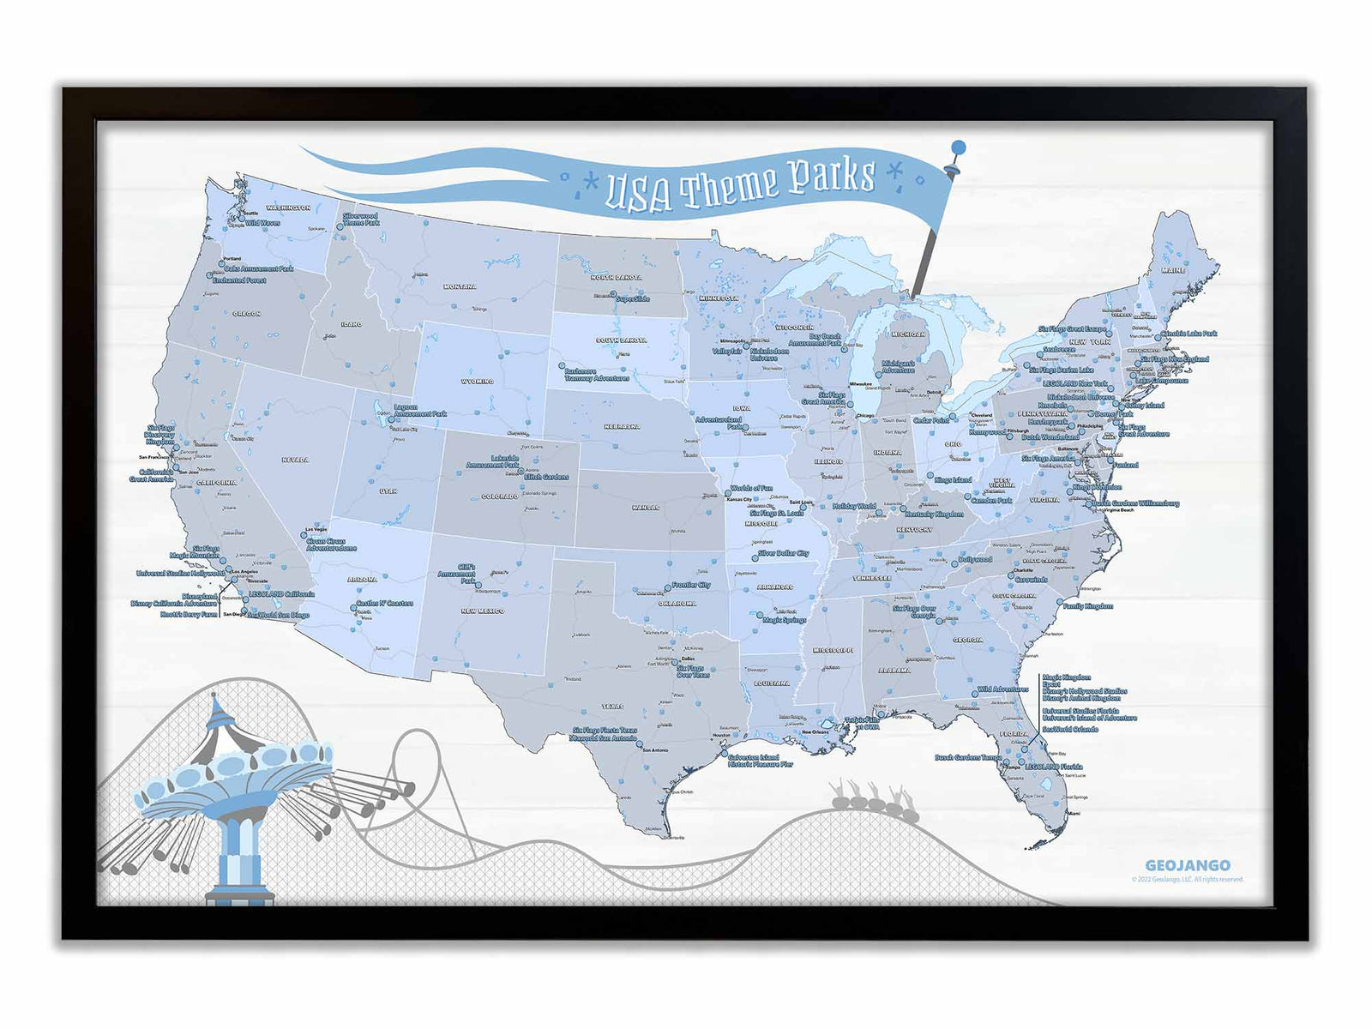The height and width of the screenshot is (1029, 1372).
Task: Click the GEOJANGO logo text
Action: (x=1187, y=865)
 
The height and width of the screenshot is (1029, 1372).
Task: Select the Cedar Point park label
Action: (x=930, y=421)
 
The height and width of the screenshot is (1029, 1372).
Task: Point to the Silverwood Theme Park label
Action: (x=360, y=220)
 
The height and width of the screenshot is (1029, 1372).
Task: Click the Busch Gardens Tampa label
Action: (x=967, y=758)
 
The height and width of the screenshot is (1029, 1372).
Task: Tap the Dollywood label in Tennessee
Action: (x=974, y=559)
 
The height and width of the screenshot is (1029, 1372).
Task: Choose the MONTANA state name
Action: (x=460, y=286)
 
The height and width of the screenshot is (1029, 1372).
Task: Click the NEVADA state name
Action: (x=294, y=460)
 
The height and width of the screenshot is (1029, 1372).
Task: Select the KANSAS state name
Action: (x=646, y=507)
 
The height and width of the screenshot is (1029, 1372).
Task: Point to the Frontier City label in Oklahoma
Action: (x=690, y=585)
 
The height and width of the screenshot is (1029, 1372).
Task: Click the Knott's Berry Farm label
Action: (x=189, y=615)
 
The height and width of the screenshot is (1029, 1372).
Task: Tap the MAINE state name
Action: (x=1173, y=270)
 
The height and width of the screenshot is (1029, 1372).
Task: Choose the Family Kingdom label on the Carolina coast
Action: (x=1087, y=606)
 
